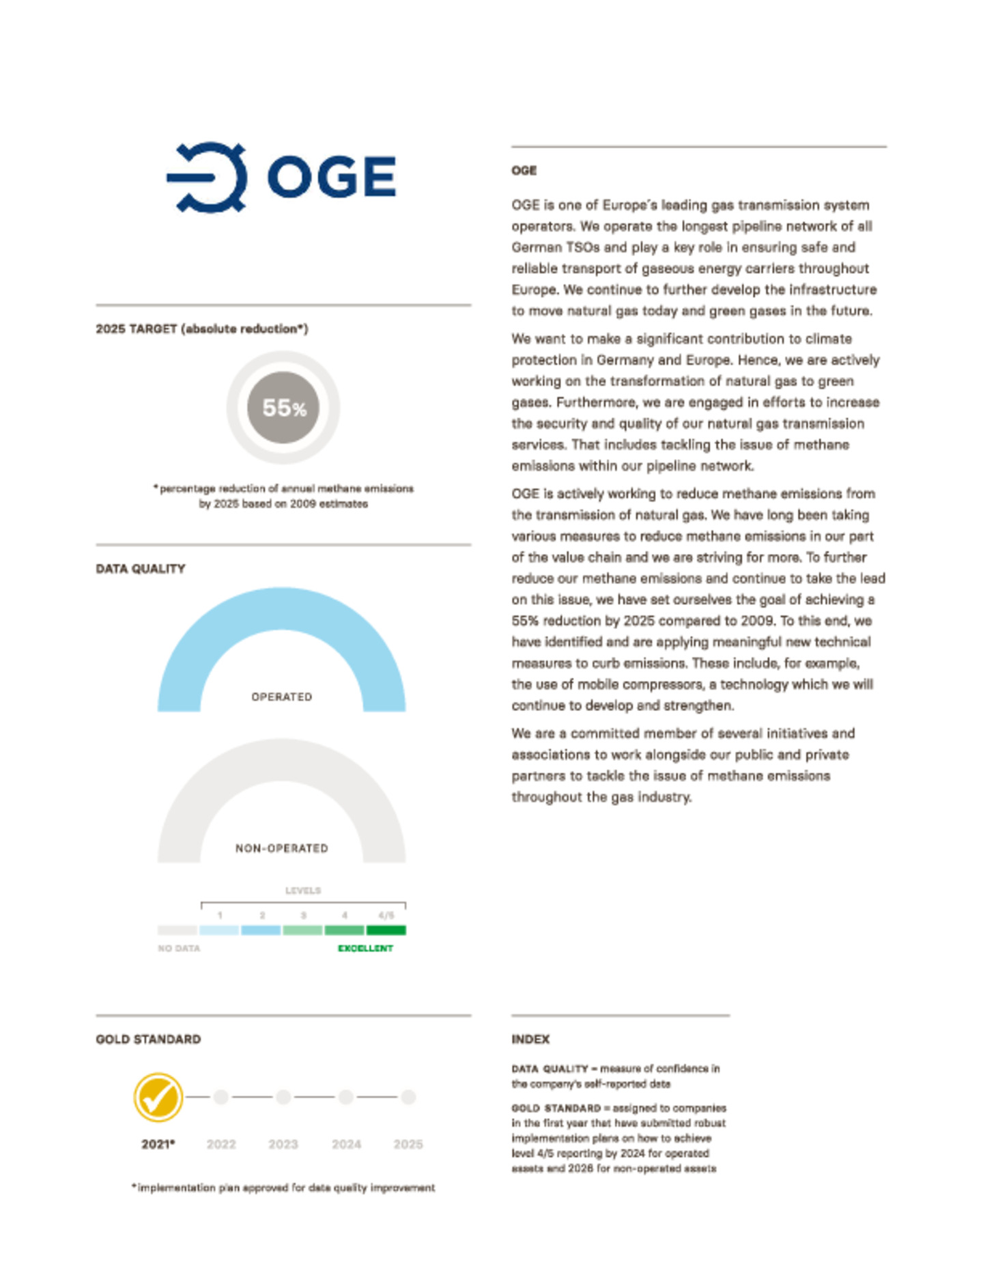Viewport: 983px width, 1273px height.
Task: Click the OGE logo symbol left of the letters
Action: pyautogui.click(x=207, y=177)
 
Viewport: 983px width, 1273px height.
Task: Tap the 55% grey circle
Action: pyautogui.click(x=283, y=408)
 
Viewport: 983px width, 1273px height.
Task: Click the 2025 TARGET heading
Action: pyautogui.click(x=201, y=328)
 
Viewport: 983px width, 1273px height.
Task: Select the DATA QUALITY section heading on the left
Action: pyautogui.click(x=141, y=568)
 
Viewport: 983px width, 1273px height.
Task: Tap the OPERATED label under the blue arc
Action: pyautogui.click(x=281, y=697)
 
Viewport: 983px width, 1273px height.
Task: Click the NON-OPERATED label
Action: pyautogui.click(x=281, y=848)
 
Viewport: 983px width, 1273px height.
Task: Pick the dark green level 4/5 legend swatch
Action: pyautogui.click(x=386, y=929)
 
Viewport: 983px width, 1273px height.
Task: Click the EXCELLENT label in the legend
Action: pyautogui.click(x=365, y=948)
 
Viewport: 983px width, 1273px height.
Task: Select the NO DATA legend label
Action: pyautogui.click(x=179, y=948)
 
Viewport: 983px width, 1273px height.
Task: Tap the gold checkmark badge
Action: pyautogui.click(x=158, y=1097)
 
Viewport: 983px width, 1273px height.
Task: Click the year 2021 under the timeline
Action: pyautogui.click(x=158, y=1144)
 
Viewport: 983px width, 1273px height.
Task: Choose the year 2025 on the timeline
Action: pyautogui.click(x=408, y=1144)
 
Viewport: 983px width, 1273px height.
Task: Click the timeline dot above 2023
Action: pyautogui.click(x=283, y=1097)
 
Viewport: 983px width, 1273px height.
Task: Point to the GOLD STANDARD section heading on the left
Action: pyautogui.click(x=148, y=1039)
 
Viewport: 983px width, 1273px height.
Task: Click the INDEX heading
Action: pyautogui.click(x=530, y=1039)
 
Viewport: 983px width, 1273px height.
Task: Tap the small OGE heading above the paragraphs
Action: pyautogui.click(x=524, y=170)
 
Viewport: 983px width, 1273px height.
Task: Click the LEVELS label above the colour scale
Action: pyautogui.click(x=302, y=891)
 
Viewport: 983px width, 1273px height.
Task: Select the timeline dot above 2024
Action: pyautogui.click(x=346, y=1097)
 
